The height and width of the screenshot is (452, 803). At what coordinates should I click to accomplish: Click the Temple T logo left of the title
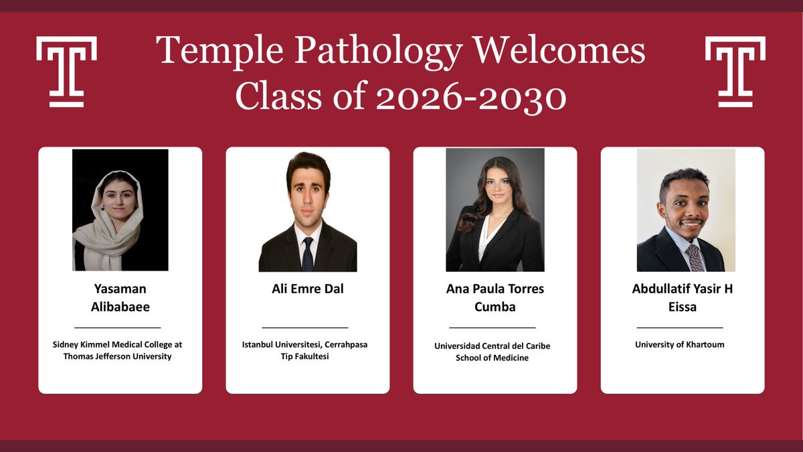click(x=66, y=71)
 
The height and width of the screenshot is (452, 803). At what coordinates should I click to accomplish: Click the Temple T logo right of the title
click(x=735, y=71)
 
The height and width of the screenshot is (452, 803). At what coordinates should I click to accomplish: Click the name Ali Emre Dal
click(x=307, y=289)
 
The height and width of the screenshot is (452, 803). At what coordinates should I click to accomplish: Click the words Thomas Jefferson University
click(x=118, y=356)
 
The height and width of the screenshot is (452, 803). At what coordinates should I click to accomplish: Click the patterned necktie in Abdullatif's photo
click(x=695, y=257)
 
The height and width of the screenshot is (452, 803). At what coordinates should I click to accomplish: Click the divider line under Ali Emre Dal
click(x=304, y=327)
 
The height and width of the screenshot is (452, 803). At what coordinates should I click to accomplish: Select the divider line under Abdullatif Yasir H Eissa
click(x=679, y=327)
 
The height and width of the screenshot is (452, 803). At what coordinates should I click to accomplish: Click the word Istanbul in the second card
click(x=260, y=344)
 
